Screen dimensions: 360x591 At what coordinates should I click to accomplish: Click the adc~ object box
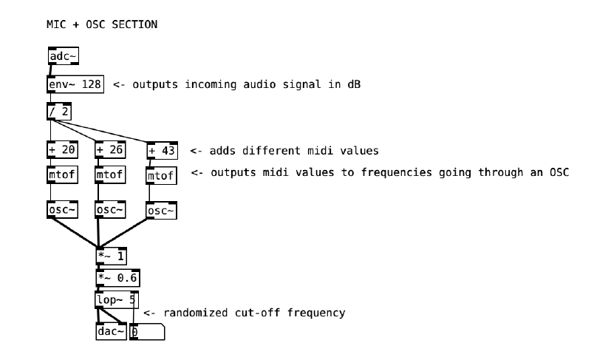[x=62, y=56]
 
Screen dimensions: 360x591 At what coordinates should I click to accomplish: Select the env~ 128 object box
[x=75, y=84]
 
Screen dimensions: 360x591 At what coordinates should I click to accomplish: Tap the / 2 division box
[x=59, y=112]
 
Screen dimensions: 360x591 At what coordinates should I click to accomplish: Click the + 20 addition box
[x=62, y=150]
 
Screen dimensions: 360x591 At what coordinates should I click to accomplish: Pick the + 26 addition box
[x=110, y=150]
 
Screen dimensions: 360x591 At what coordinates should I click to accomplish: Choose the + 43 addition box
[x=162, y=150]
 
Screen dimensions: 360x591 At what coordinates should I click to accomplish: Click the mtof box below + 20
[x=62, y=175]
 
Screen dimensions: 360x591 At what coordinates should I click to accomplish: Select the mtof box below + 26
[x=110, y=175]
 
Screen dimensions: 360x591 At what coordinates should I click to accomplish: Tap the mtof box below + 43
[x=161, y=176]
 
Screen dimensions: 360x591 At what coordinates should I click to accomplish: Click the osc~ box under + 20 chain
[x=62, y=209]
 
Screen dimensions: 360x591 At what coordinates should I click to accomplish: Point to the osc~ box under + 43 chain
[x=161, y=211]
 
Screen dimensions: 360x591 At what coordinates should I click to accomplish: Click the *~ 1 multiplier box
[x=112, y=257]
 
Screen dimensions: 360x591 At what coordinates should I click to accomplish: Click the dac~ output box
[x=111, y=332]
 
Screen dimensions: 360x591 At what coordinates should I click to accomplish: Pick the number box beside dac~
[x=147, y=332]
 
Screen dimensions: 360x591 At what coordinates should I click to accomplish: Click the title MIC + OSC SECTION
[x=102, y=24]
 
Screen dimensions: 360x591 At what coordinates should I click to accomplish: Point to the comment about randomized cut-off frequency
[x=244, y=313]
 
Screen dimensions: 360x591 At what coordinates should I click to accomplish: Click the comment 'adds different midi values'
[x=284, y=151]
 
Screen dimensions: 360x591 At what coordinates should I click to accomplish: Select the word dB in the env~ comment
[x=355, y=84]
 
